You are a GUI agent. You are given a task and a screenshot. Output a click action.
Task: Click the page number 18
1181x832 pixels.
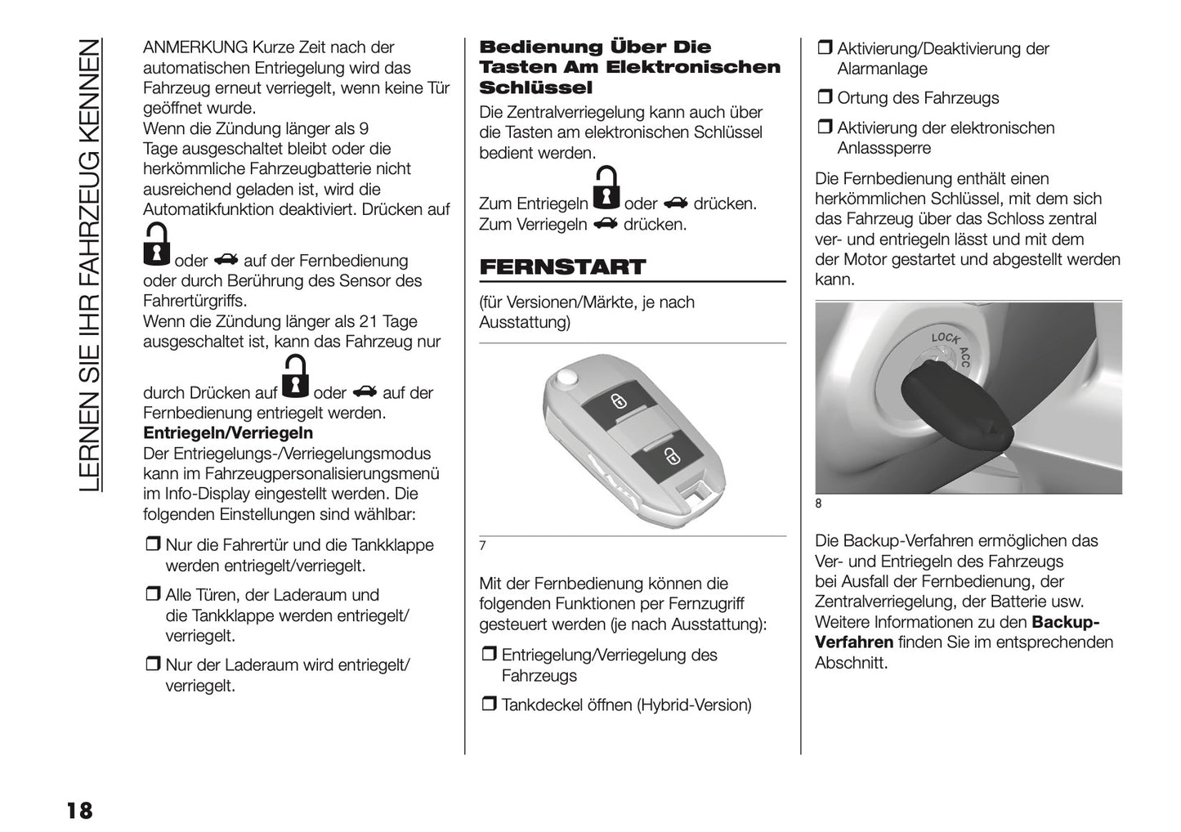pyautogui.click(x=79, y=810)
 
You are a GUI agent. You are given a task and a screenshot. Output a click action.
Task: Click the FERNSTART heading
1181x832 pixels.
pyautogui.click(x=561, y=267)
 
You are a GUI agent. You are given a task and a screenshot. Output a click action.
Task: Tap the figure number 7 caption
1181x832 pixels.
pyautogui.click(x=483, y=546)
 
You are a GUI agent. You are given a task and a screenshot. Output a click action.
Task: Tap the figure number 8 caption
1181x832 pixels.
pyautogui.click(x=819, y=504)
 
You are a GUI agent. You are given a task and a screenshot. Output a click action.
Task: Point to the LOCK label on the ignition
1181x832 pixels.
pyautogui.click(x=945, y=338)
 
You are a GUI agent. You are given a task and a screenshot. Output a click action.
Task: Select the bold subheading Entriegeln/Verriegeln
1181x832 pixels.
pyautogui.click(x=228, y=433)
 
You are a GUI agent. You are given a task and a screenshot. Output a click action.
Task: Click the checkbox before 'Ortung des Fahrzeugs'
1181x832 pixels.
pyautogui.click(x=824, y=99)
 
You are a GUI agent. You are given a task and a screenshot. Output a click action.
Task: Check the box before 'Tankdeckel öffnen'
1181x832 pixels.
pyautogui.click(x=488, y=705)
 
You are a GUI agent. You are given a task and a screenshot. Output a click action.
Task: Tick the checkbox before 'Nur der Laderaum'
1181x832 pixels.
pyautogui.click(x=153, y=665)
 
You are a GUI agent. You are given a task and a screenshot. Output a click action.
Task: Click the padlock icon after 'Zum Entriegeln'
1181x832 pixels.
pyautogui.click(x=606, y=190)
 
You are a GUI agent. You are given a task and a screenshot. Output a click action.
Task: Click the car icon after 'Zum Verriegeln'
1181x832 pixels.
pyautogui.click(x=606, y=224)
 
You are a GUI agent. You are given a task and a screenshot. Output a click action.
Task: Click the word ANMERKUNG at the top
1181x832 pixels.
pyautogui.click(x=195, y=47)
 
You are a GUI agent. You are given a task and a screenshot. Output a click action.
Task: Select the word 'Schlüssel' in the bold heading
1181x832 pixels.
pyautogui.click(x=535, y=87)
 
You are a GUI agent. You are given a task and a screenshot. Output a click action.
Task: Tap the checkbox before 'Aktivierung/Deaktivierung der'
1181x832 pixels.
pyautogui.click(x=824, y=49)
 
